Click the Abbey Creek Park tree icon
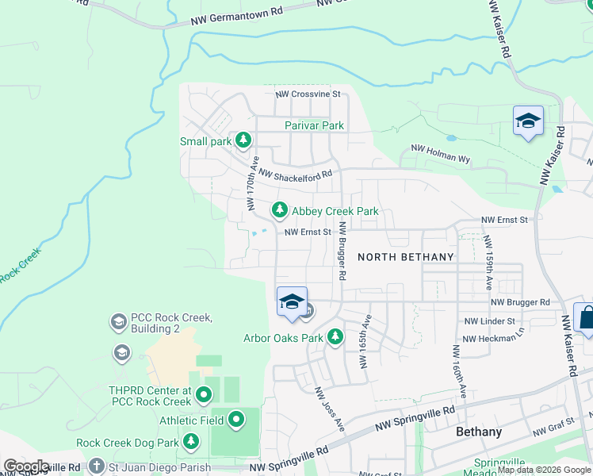(279, 210)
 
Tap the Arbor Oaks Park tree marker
(335, 337)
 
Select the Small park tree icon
(243, 141)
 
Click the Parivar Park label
(315, 125)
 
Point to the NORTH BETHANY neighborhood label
(406, 257)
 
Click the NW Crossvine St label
(308, 94)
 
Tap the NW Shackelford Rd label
(295, 174)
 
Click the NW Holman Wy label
(440, 154)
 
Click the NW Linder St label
(488, 321)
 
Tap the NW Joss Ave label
(331, 409)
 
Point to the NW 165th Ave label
(365, 341)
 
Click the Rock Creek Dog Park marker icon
(190, 442)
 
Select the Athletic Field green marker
(236, 420)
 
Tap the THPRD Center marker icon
(204, 393)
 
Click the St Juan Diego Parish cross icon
(97, 466)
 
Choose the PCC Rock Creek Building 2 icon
(118, 322)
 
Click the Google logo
(25, 466)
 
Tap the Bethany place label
(479, 432)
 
